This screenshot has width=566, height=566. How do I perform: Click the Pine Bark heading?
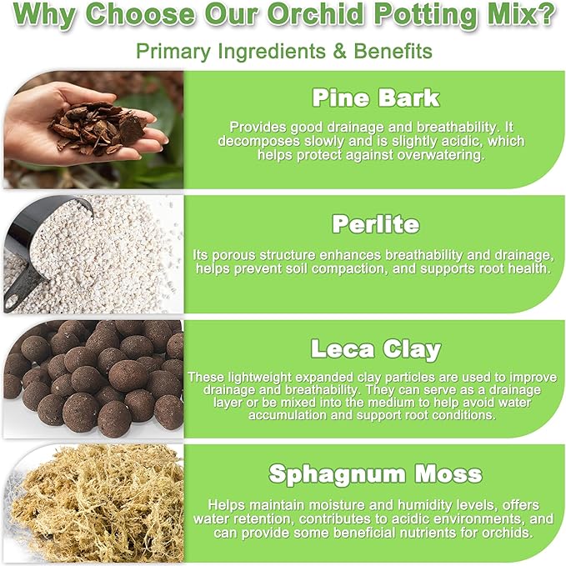[x=375, y=98]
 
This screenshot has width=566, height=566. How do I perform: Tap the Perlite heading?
[x=375, y=224]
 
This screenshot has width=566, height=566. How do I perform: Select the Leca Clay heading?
[x=375, y=348]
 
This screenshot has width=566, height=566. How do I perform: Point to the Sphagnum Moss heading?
[x=375, y=474]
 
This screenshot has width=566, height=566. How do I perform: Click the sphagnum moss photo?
[x=92, y=504]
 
